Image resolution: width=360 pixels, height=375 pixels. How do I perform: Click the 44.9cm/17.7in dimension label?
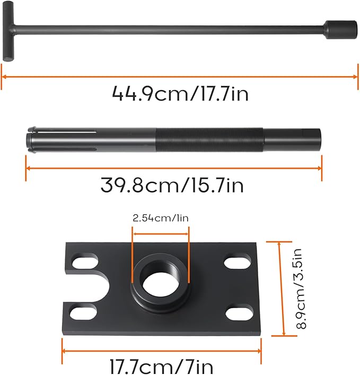coord(180,94)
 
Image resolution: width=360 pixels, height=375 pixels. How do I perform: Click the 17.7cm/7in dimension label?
coord(161,366)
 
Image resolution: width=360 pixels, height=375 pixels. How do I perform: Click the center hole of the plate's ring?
coord(160,278)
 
